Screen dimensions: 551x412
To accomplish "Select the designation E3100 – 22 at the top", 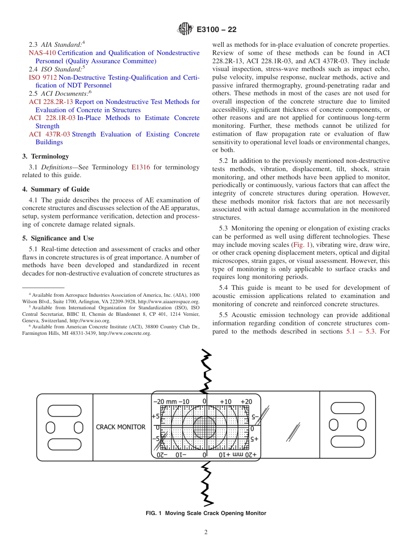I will click(216, 30).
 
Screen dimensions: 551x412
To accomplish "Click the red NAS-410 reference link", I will click(39, 53).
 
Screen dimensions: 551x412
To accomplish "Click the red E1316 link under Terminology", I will click(141, 167).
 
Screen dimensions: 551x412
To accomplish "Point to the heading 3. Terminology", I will click(46, 156).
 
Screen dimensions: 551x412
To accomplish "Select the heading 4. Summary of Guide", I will click(56, 189).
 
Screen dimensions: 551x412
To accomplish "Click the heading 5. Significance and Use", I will click(58, 238).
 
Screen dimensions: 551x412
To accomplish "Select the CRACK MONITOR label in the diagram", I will click(121, 427).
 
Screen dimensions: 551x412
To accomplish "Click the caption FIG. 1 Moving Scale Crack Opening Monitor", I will click(206, 513).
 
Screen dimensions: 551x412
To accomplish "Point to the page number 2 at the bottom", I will click(206, 532).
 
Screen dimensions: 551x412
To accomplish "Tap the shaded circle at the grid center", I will click(204, 428).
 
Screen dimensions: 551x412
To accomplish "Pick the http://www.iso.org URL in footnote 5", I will click(90, 321).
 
